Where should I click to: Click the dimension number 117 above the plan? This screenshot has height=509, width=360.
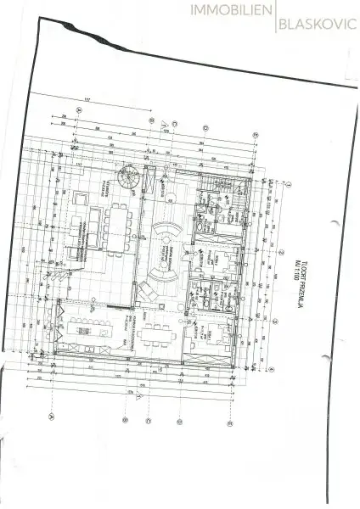(x=87, y=104)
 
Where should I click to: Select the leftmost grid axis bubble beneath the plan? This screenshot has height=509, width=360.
(x=52, y=417)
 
